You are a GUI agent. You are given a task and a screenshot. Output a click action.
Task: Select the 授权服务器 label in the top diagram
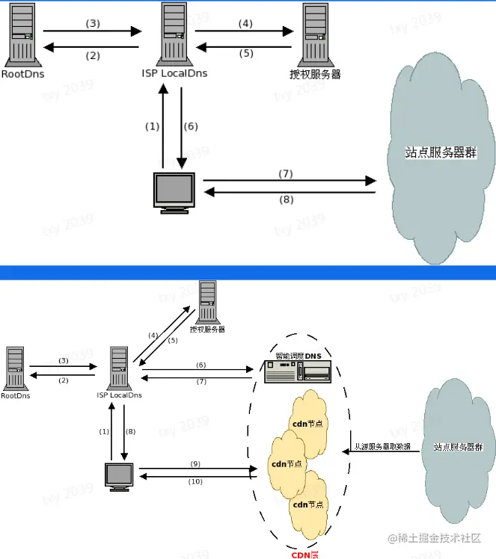point(315,74)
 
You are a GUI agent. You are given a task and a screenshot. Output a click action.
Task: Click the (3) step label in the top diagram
point(92,23)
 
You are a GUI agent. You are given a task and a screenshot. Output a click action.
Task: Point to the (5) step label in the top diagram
point(246,54)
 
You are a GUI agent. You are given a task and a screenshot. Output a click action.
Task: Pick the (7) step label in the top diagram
point(285,173)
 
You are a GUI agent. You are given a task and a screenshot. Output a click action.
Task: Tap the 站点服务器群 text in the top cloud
point(441,152)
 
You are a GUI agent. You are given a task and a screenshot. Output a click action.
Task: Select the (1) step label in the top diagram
point(153,126)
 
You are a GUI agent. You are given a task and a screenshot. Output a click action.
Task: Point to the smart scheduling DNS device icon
point(298,372)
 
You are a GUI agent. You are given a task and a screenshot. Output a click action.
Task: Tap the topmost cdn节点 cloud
point(309,423)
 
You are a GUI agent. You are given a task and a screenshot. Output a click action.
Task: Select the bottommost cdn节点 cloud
point(307,504)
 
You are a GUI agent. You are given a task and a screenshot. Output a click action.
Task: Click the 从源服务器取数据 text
point(382,447)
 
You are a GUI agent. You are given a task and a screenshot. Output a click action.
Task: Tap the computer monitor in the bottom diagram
point(119,477)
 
